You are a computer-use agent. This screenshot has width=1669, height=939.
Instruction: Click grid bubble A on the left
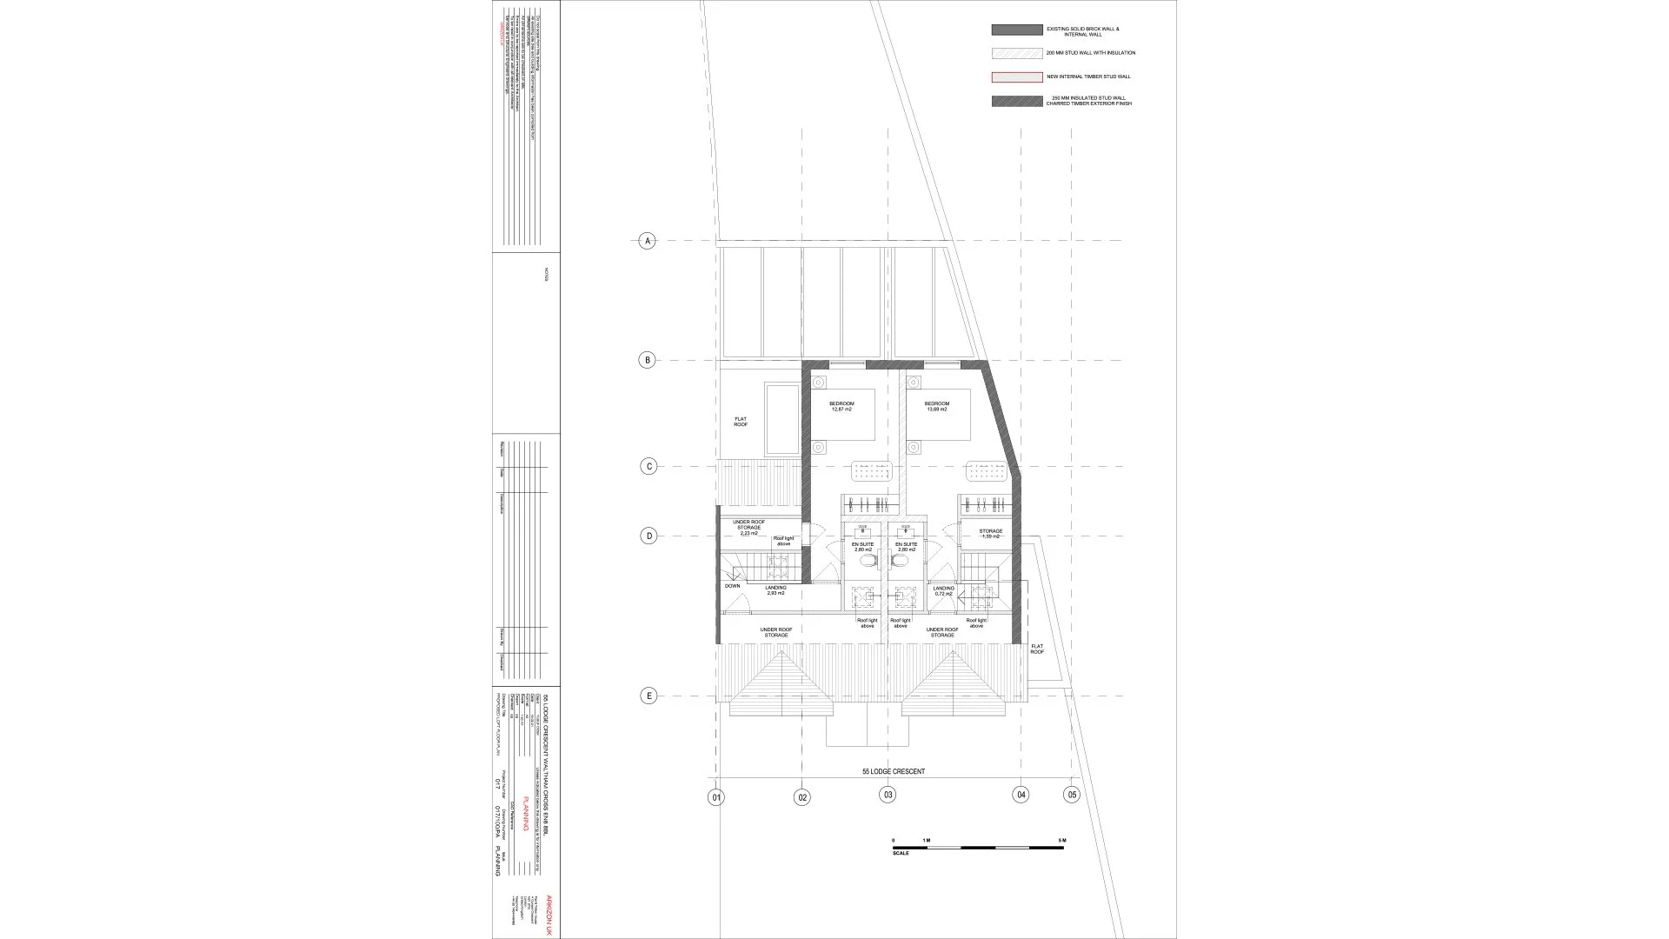point(646,241)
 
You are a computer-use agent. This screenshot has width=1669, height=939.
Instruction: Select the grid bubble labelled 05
point(1071,795)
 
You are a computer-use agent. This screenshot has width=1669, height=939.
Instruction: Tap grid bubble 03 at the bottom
point(887,795)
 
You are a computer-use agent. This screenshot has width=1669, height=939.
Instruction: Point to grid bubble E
point(648,696)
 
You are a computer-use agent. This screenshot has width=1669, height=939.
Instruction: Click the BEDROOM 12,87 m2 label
point(841,406)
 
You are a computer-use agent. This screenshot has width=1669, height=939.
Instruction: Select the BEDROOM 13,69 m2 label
point(936,406)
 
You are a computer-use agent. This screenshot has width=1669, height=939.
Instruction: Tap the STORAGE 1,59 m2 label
point(990,533)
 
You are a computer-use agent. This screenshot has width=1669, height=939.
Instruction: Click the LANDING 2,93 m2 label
point(775,590)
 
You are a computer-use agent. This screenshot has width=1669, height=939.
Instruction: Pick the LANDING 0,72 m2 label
point(943,590)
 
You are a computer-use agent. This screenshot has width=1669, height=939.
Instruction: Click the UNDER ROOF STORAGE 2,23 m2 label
point(748,528)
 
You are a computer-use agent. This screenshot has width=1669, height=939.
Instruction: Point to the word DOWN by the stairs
point(732,586)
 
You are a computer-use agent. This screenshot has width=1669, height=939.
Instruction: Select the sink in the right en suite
point(907,529)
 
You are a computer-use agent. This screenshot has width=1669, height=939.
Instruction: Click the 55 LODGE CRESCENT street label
point(893,772)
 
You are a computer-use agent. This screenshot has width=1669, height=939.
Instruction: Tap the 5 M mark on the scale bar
point(1061,840)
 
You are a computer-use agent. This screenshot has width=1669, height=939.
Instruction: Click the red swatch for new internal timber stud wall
point(1016,77)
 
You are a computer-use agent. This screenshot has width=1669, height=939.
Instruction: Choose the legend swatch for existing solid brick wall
point(1016,30)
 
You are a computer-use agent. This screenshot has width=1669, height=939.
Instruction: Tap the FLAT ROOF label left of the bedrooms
point(741,422)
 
